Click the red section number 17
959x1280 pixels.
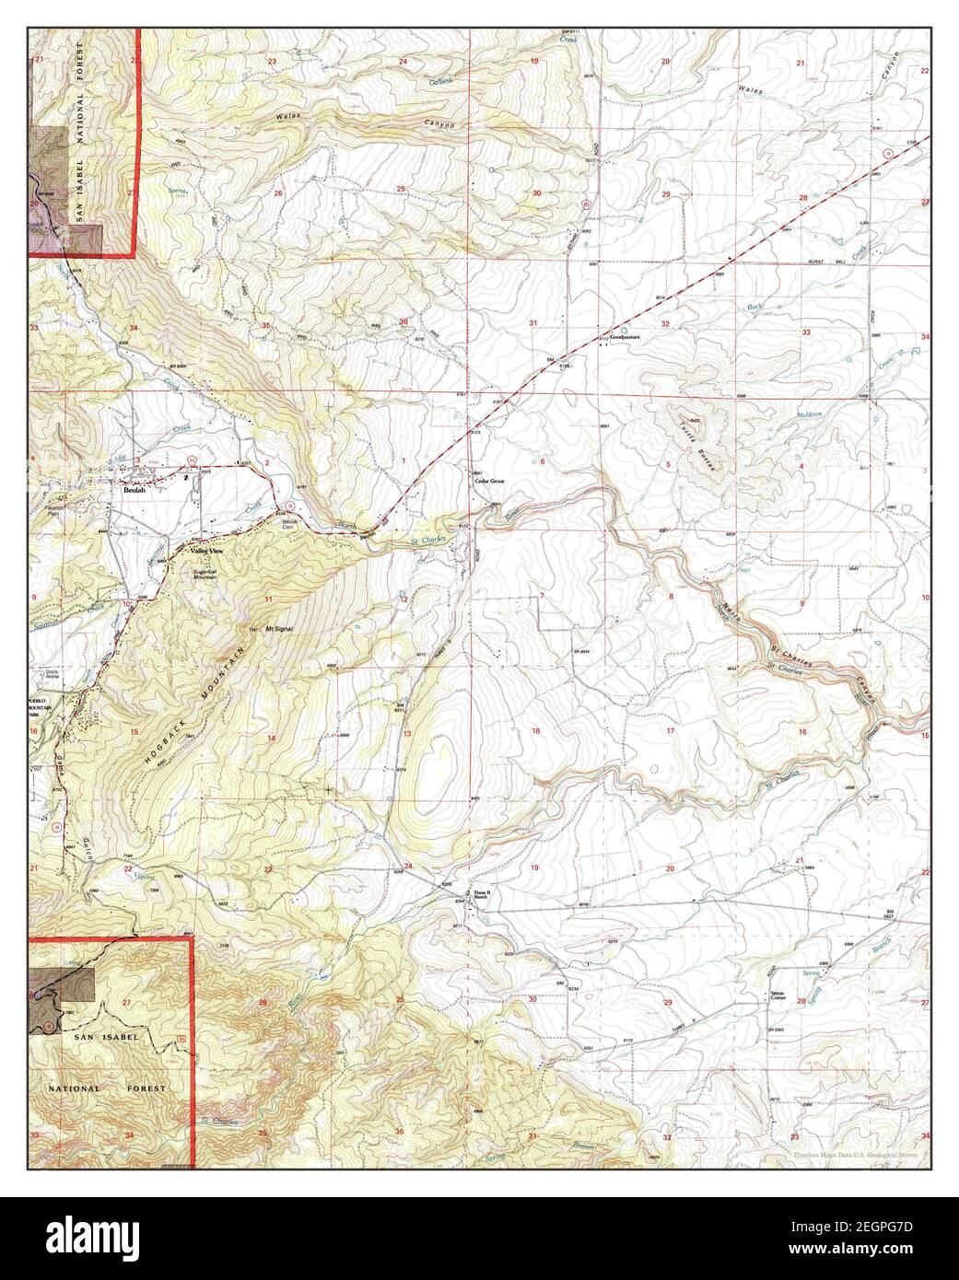(671, 730)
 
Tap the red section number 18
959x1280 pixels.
(534, 730)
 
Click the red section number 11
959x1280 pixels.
(268, 599)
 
